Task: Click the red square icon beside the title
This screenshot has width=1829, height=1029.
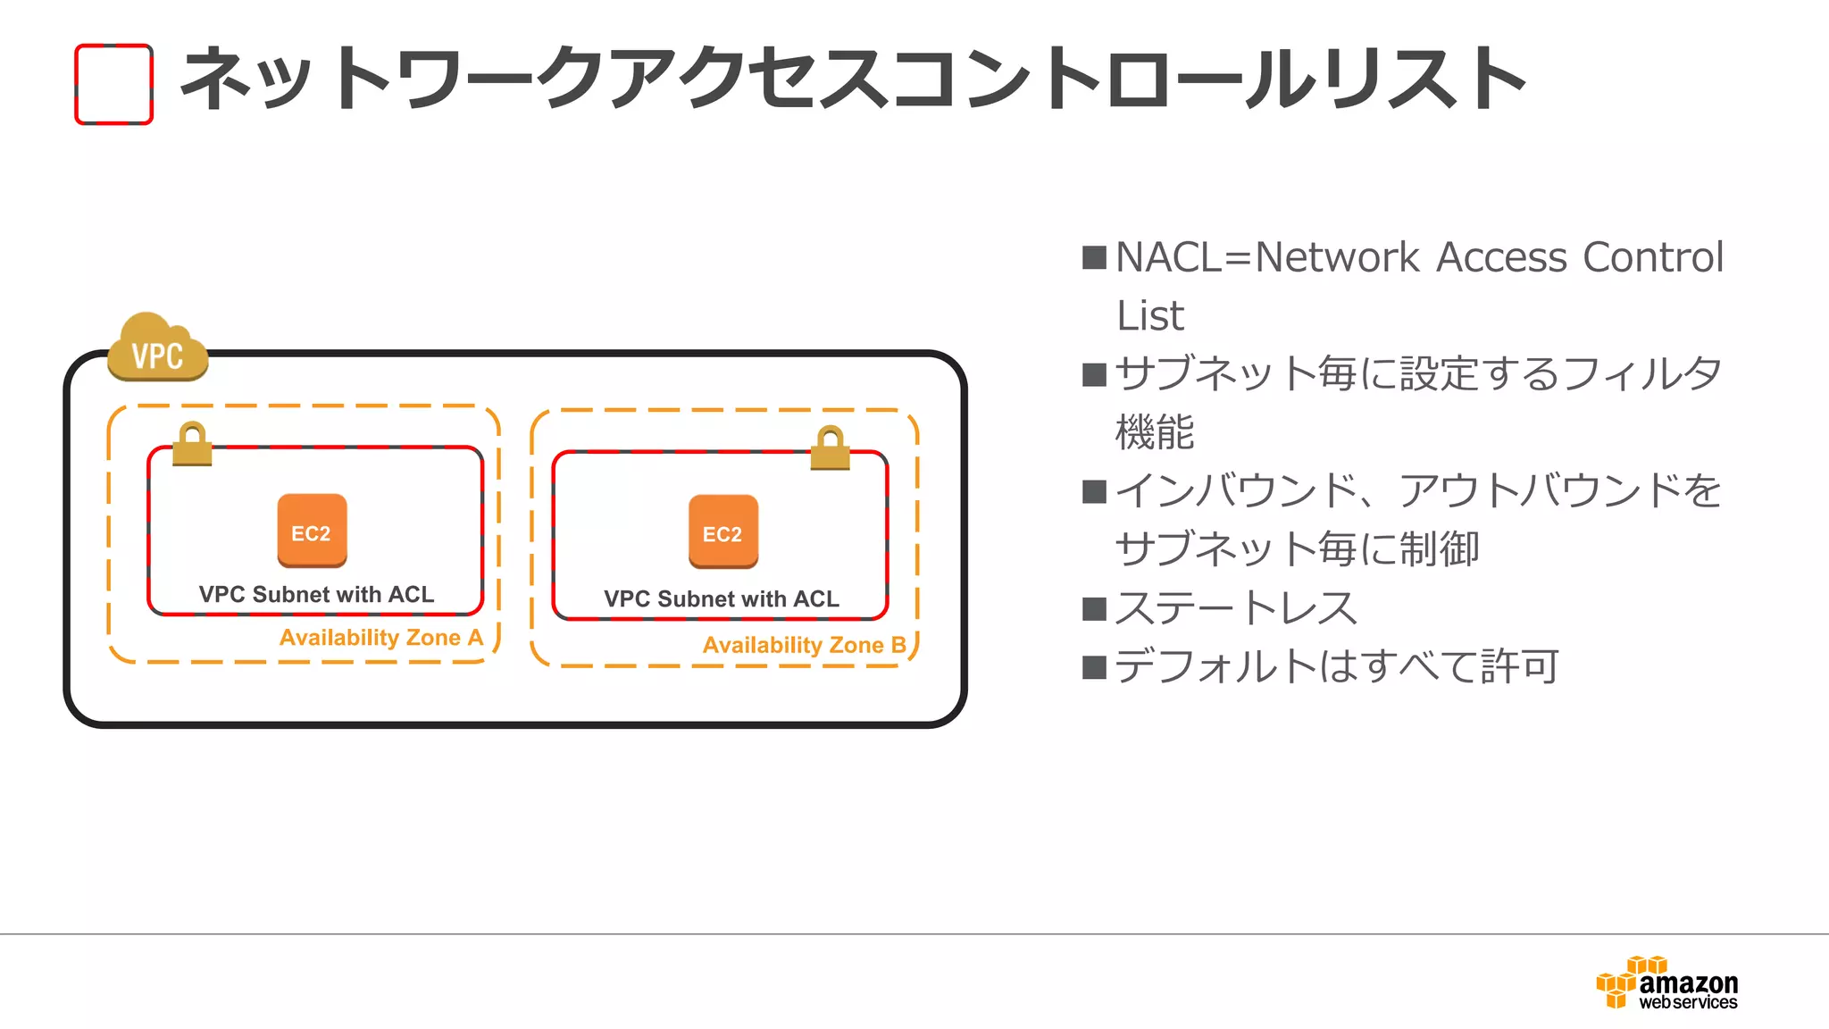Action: [x=113, y=84]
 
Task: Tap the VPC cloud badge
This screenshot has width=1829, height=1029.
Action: [x=158, y=350]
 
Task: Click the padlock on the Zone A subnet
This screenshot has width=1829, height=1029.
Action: [x=192, y=444]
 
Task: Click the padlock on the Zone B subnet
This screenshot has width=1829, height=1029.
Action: [x=831, y=448]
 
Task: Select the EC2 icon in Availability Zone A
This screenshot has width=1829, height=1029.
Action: [x=312, y=531]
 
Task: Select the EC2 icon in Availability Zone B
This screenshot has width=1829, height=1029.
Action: [x=722, y=532]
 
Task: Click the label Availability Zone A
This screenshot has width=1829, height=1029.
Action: [x=381, y=638]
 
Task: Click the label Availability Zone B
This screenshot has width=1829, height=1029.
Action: [x=804, y=645]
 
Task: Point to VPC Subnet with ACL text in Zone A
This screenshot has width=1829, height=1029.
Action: [x=316, y=595]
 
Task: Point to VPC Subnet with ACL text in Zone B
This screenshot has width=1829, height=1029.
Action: [x=722, y=599]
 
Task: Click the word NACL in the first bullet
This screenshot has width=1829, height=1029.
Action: [x=1168, y=258]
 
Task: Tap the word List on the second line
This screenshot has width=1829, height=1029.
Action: [x=1150, y=316]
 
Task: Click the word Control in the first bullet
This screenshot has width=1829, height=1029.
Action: [x=1652, y=258]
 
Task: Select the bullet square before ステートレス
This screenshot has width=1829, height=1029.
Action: [x=1094, y=609]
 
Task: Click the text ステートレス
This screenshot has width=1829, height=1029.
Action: [x=1236, y=608]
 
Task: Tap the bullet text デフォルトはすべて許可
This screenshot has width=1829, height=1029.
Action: [x=1336, y=666]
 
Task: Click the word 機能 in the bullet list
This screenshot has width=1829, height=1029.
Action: [x=1155, y=432]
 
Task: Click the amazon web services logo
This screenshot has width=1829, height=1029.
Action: [x=1666, y=983]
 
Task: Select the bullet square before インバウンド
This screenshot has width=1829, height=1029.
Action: [x=1094, y=492]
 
